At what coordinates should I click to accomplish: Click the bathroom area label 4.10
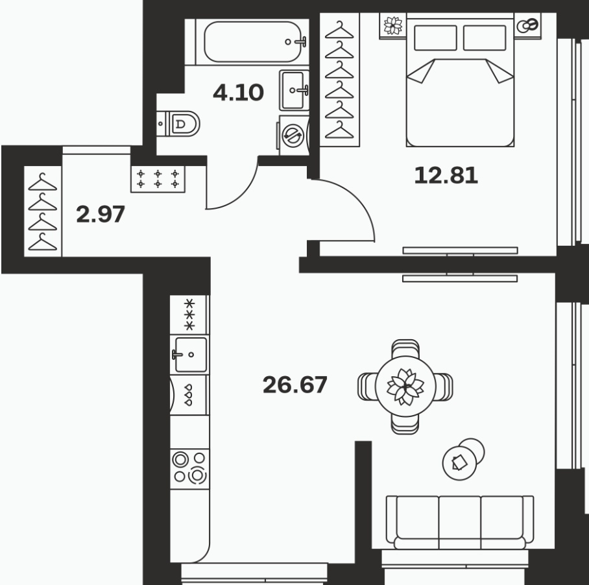(x=238, y=93)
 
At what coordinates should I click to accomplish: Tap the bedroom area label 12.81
(x=446, y=175)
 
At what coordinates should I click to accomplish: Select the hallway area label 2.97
(x=101, y=215)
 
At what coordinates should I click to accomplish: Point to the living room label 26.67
(x=295, y=385)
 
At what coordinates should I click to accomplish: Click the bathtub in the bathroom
(x=252, y=42)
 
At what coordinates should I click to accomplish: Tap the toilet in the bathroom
(x=178, y=123)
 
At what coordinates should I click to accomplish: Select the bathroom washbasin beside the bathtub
(x=294, y=90)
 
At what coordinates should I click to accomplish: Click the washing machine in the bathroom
(x=293, y=135)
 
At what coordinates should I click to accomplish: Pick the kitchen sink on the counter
(x=190, y=355)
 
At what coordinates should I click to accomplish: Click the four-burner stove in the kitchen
(x=189, y=469)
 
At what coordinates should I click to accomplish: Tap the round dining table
(x=405, y=387)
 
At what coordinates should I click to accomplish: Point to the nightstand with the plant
(x=393, y=26)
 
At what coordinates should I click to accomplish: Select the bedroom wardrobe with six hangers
(x=339, y=80)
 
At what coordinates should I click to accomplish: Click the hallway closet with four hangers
(x=43, y=211)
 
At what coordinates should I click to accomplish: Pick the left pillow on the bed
(x=435, y=38)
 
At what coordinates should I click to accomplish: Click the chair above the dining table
(x=405, y=349)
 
